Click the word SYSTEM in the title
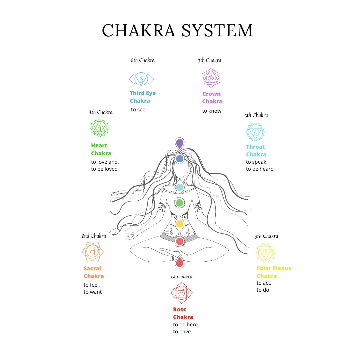click(217, 30)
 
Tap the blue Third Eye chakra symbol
click(141, 79)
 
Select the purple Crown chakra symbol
click(211, 78)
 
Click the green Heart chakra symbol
click(99, 128)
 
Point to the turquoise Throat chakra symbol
click(255, 132)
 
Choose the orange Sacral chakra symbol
click(92, 252)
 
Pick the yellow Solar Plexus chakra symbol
click(265, 253)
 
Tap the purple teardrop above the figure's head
click(180, 144)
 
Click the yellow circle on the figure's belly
click(180, 224)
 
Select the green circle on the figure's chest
click(180, 202)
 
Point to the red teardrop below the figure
click(180, 262)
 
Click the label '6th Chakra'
click(143, 60)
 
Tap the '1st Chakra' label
click(181, 277)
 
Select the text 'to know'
click(212, 111)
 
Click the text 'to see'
click(138, 110)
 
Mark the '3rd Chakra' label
click(266, 236)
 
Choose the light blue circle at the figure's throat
click(180, 187)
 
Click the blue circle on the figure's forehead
click(180, 159)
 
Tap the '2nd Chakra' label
click(94, 236)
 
